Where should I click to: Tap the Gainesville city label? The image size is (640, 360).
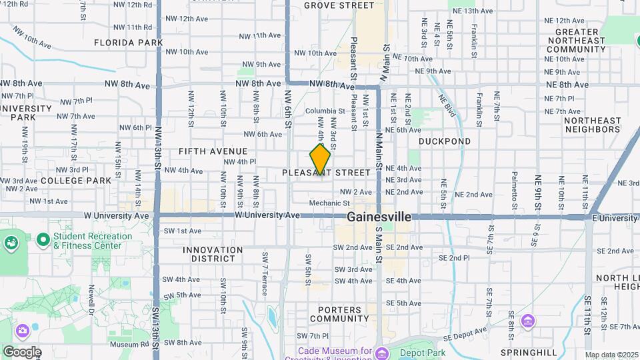pyautogui.click(x=379, y=217)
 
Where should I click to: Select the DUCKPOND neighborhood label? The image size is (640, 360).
pyautogui.click(x=445, y=141)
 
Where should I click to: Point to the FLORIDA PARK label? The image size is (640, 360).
pyautogui.click(x=129, y=43)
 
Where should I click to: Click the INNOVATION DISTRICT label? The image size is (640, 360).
pyautogui.click(x=213, y=255)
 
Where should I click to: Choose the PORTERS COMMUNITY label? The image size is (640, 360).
pyautogui.click(x=343, y=314)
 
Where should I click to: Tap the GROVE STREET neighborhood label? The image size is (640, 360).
pyautogui.click(x=339, y=5)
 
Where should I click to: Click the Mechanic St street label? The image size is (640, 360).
pyautogui.click(x=329, y=203)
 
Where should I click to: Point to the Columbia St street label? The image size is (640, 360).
pyautogui.click(x=325, y=111)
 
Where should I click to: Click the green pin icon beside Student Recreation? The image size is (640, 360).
pyautogui.click(x=43, y=238)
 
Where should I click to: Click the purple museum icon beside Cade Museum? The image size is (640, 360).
pyautogui.click(x=381, y=353)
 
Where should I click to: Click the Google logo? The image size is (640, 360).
pyautogui.click(x=22, y=351)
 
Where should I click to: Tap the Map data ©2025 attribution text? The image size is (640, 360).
pyautogui.click(x=611, y=355)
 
